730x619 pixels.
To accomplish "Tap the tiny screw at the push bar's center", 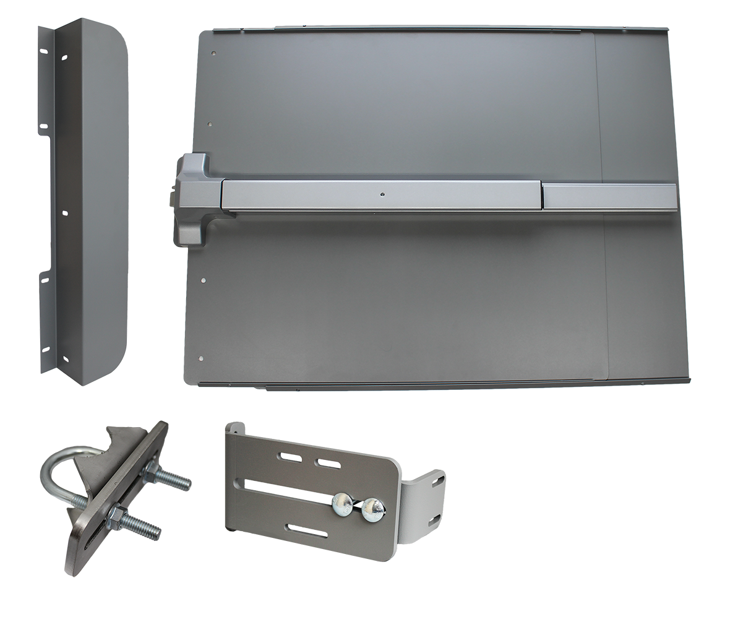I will click(383, 196).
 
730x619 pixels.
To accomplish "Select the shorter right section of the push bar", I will click(608, 197).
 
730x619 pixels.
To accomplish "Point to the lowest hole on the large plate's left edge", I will click(200, 358).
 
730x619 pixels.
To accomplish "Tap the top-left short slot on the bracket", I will click(289, 457).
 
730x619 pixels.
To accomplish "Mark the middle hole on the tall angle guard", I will click(64, 213).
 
